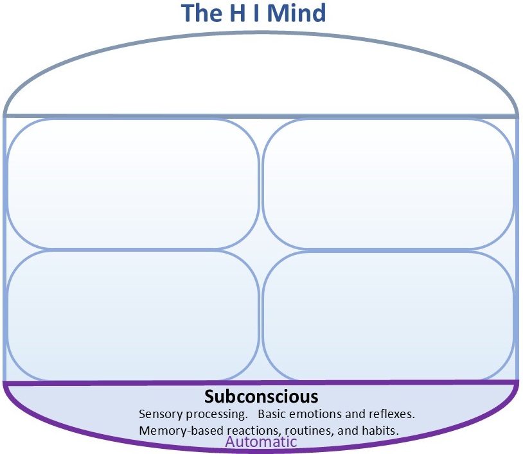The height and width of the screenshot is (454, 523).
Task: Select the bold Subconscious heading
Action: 261,396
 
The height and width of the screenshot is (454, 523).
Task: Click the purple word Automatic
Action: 261,442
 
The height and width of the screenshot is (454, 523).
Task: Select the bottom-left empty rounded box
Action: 132,315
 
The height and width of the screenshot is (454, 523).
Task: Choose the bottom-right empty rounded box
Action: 388,315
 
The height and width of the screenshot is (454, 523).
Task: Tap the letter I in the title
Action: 260,13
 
